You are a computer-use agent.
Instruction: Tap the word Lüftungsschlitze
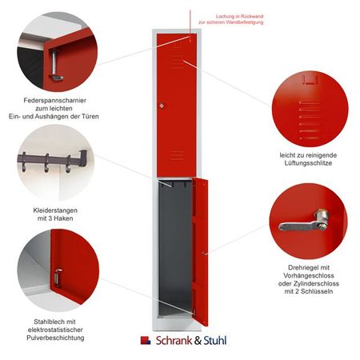306,162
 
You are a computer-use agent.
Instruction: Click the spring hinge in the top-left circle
56,64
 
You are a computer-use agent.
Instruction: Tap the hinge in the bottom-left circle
58,278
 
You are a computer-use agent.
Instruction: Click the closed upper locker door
177,104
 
